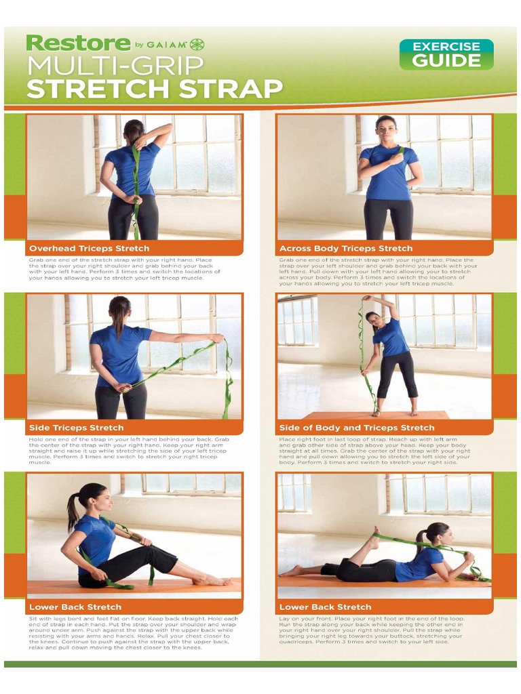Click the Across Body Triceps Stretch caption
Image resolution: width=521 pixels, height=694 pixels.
pyautogui.click(x=346, y=249)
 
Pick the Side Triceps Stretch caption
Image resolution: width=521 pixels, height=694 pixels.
pyautogui.click(x=76, y=428)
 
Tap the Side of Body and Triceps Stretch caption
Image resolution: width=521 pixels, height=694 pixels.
pyautogui.click(x=357, y=428)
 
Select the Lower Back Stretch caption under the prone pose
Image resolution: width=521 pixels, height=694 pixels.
pyautogui.click(x=326, y=607)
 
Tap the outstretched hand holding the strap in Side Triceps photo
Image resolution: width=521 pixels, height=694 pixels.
pyautogui.click(x=217, y=338)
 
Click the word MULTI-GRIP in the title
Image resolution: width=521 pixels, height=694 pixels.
pyautogui.click(x=115, y=66)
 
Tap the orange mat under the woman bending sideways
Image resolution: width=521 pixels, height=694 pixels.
pyautogui.click(x=377, y=415)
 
